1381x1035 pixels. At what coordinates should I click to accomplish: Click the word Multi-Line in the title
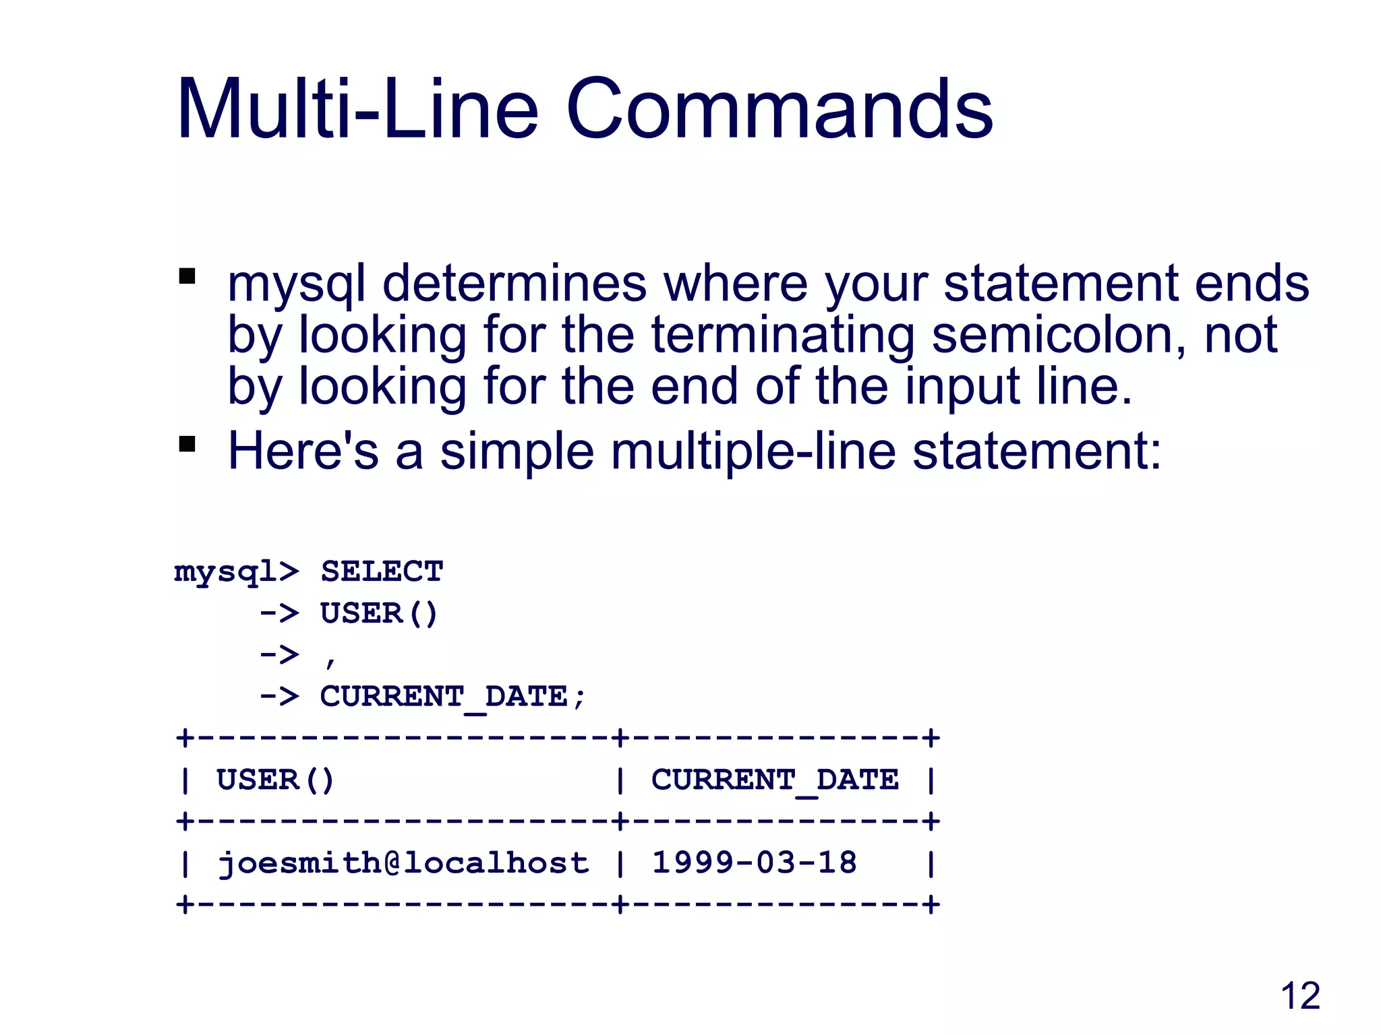click(x=357, y=109)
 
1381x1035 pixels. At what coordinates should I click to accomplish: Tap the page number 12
click(x=1299, y=996)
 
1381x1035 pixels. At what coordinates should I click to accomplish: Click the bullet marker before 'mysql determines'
click(x=187, y=276)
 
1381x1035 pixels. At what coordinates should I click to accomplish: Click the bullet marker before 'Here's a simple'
click(x=187, y=444)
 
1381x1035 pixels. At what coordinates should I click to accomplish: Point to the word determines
click(x=514, y=284)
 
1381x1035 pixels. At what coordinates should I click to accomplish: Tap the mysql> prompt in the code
click(x=235, y=572)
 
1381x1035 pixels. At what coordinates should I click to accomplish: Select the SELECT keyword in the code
click(x=382, y=572)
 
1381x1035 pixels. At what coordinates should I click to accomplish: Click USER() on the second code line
click(x=379, y=614)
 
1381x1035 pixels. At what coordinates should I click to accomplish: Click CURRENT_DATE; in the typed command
click(x=452, y=697)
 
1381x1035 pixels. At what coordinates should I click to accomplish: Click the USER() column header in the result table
click(x=275, y=780)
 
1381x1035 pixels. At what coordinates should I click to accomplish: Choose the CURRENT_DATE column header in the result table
click(x=774, y=780)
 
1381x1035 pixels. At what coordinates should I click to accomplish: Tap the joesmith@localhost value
click(x=403, y=863)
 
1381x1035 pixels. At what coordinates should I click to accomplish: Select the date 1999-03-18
click(x=754, y=863)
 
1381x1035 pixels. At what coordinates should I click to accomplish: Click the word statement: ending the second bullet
click(x=1036, y=451)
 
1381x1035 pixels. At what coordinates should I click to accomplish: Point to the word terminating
click(x=783, y=335)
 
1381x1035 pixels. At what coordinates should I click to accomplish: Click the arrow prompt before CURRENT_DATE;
click(x=279, y=697)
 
